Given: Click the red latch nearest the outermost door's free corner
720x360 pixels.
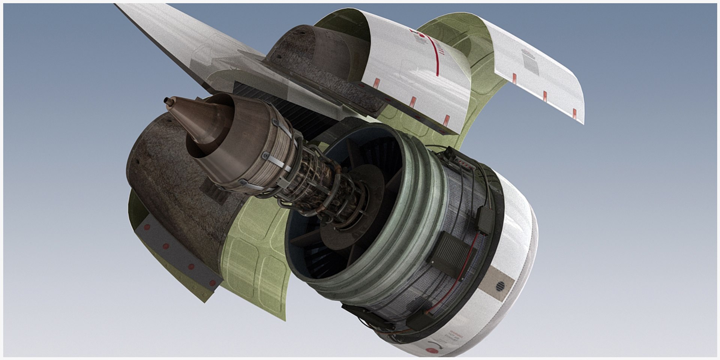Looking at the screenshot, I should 574,111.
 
